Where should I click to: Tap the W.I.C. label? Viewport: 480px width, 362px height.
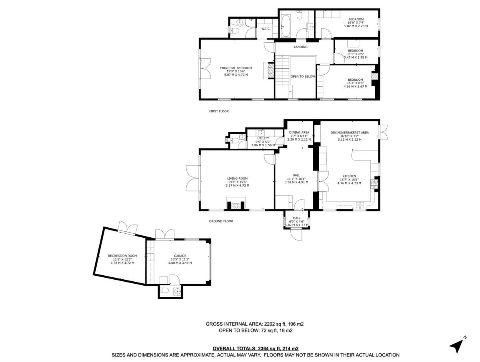tap(266, 29)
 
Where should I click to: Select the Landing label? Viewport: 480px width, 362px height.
tap(300, 47)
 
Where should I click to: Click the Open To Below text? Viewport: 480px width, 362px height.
tap(303, 76)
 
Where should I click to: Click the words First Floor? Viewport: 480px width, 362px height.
tap(219, 111)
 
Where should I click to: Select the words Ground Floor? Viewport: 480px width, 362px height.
tap(221, 221)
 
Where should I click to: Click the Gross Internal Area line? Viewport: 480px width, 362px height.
tap(257, 324)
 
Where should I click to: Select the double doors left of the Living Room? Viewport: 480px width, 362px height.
tap(192, 180)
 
